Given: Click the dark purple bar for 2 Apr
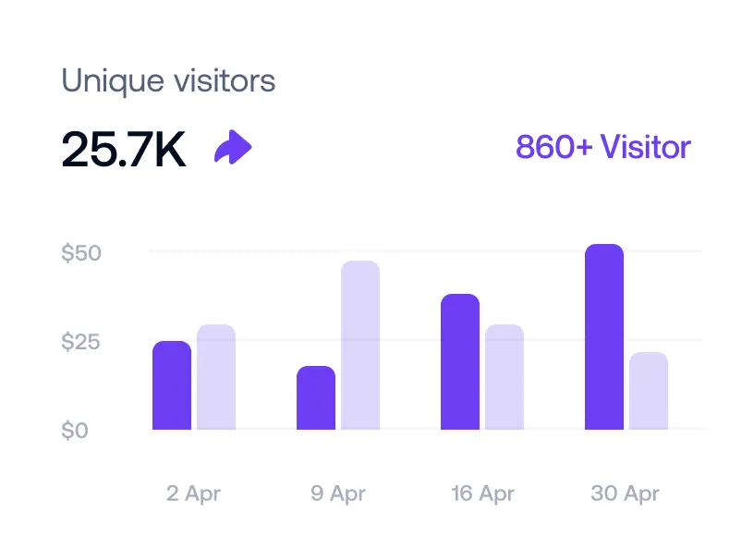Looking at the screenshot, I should pos(172,385).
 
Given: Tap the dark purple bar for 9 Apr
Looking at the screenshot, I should pos(316,398).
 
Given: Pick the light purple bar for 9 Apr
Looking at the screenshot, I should pos(360,346).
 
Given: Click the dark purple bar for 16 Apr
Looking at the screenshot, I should pos(460,362).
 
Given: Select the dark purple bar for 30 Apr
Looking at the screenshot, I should pos(604,337).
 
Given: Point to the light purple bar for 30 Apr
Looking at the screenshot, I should pos(649,391).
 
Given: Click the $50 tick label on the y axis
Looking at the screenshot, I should pos(81,253).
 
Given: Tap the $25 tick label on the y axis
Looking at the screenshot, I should pos(81,342).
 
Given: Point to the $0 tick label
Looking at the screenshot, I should pos(76,431).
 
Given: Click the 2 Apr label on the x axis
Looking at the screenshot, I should pos(194,493).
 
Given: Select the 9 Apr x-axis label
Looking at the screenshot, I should pos(338,493).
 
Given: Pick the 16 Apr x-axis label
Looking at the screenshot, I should pos(482,493).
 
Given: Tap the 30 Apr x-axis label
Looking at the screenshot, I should pos(626,493).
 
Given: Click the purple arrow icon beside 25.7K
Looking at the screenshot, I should pos(233,148).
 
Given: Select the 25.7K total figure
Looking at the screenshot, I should pos(124,150).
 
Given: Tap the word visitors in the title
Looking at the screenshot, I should pos(225,81).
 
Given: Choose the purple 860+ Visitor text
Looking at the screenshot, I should pos(602,147).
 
